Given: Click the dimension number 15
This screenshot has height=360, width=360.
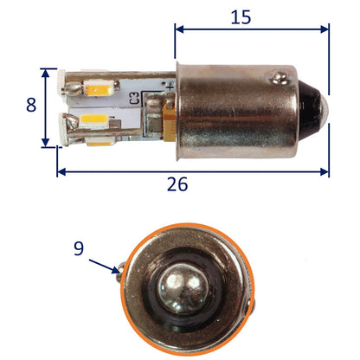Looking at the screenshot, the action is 241,17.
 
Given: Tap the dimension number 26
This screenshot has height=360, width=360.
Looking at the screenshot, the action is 177,184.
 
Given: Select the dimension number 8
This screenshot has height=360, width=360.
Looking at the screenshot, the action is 31,105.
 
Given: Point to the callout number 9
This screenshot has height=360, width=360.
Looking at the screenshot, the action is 79,248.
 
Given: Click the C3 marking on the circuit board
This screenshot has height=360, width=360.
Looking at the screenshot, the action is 135,98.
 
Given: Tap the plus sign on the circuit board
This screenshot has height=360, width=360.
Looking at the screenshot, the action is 170,86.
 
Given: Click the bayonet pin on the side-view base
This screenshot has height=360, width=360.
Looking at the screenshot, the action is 280,77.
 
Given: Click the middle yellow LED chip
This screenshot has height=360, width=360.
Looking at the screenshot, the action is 93,119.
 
